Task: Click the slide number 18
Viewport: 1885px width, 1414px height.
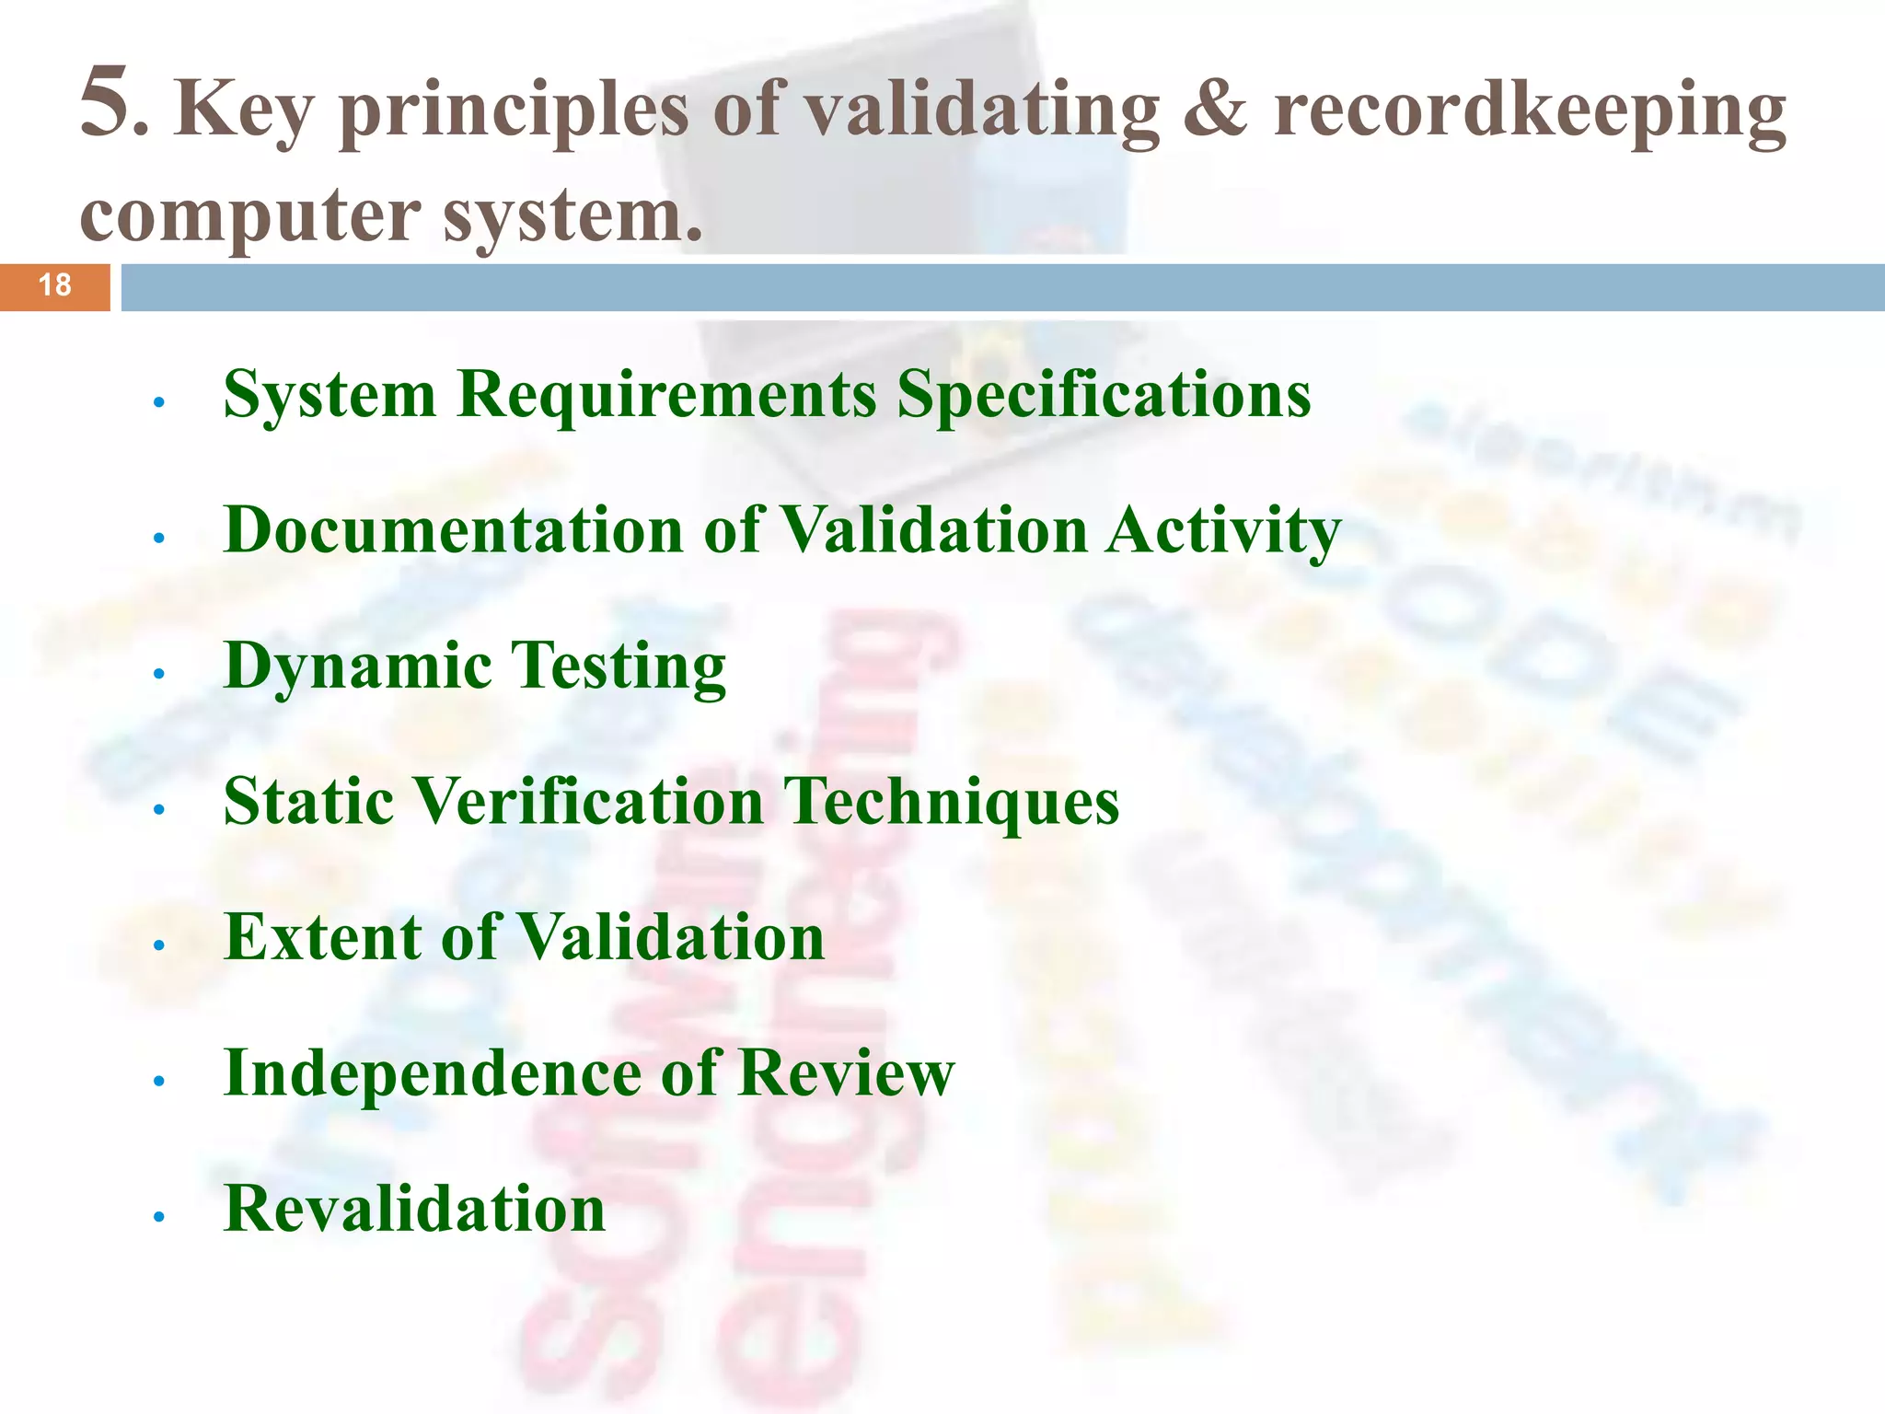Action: pos(55,285)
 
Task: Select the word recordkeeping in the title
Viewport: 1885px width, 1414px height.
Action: pos(1529,112)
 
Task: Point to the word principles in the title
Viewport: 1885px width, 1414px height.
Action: pos(514,112)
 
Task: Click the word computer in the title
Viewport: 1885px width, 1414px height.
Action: pos(249,217)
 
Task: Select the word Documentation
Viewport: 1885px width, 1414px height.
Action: pos(454,530)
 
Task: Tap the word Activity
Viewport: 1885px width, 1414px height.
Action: pos(1223,532)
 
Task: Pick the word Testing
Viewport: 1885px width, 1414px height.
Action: pos(618,667)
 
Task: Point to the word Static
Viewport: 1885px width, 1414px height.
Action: pos(307,801)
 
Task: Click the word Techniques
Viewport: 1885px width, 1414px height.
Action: pos(951,802)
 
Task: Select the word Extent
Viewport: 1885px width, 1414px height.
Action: pos(322,937)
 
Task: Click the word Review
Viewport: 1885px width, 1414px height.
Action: pos(846,1072)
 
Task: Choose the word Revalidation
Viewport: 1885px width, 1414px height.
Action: pos(414,1208)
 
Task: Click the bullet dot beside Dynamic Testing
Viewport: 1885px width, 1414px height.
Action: pos(159,674)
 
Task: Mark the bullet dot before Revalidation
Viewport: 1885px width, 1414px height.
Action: pos(159,1217)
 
